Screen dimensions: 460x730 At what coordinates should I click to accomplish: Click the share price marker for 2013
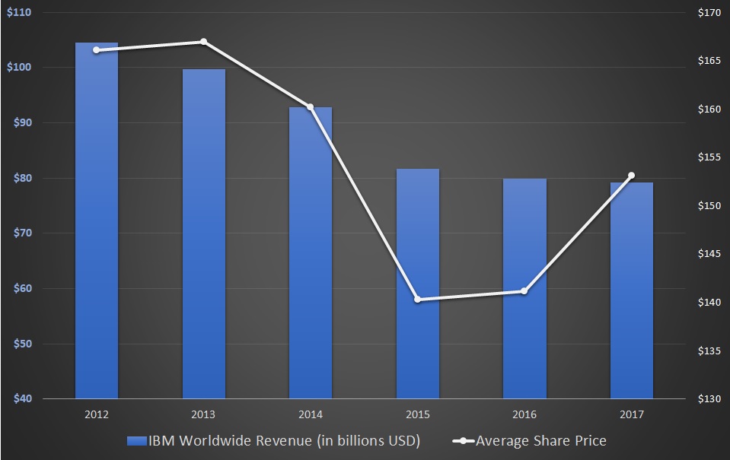[203, 41]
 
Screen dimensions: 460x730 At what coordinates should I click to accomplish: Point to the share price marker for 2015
[418, 300]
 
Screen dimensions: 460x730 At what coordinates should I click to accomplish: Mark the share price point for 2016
[524, 291]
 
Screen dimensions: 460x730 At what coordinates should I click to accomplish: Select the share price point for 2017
[632, 176]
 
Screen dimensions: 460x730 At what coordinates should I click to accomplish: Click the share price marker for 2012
[97, 50]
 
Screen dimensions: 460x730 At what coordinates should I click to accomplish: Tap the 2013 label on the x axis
[203, 414]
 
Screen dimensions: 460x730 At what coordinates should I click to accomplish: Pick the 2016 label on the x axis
[524, 414]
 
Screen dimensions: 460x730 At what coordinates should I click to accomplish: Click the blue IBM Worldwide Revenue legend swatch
[138, 441]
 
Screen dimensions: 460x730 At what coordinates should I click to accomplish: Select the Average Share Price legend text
[541, 441]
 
